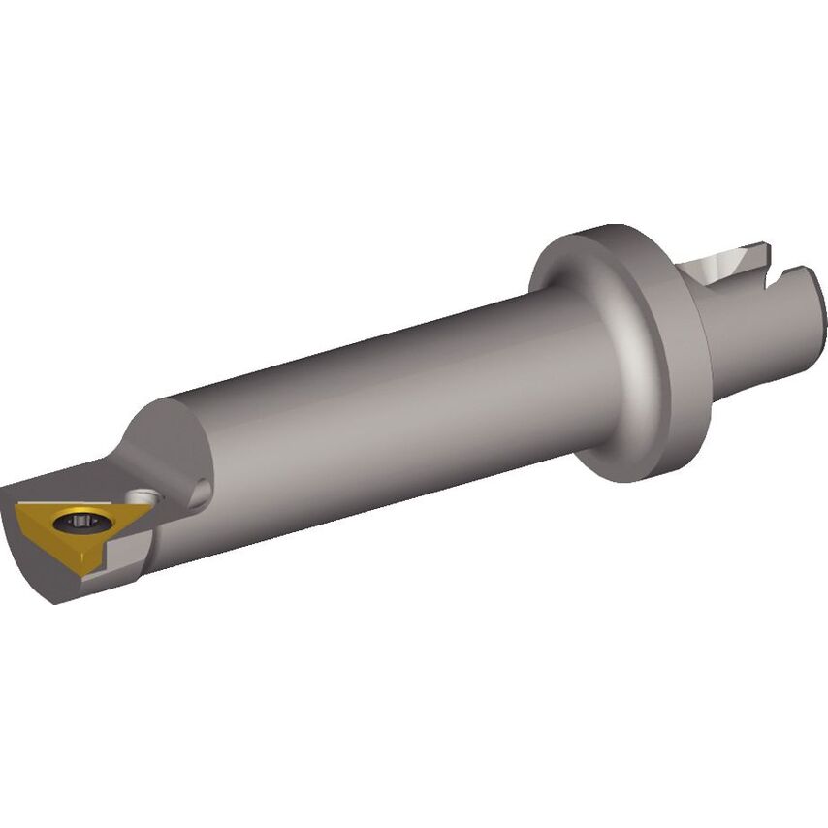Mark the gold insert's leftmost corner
coord(16,506)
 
